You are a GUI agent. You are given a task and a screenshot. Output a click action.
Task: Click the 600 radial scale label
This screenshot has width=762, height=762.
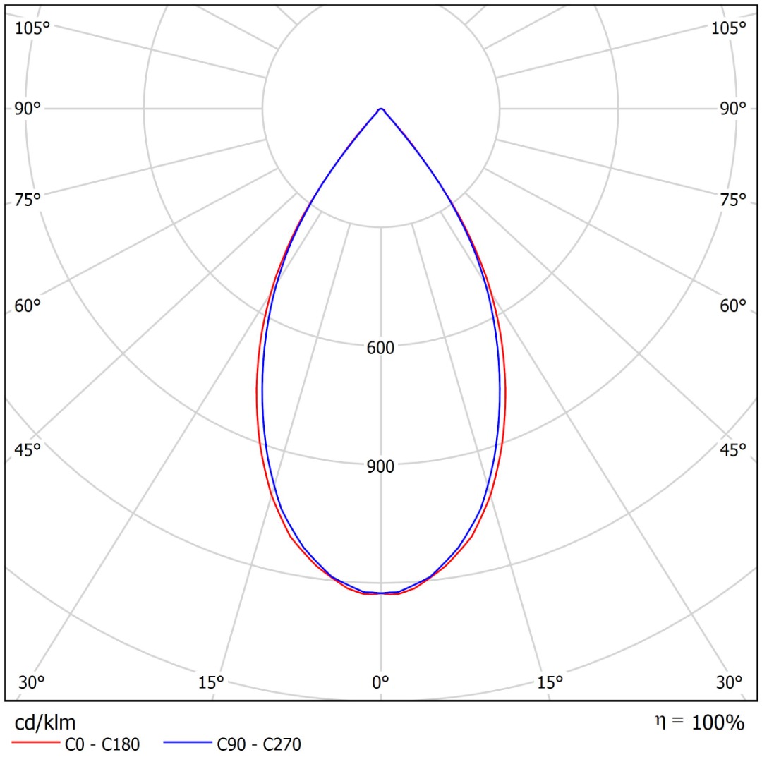point(380,348)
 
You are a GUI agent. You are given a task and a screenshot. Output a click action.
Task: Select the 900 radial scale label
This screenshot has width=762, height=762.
point(380,466)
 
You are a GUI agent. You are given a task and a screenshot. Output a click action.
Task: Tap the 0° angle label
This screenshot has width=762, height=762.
point(381,682)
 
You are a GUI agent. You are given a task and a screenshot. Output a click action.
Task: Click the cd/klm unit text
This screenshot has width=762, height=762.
point(45,722)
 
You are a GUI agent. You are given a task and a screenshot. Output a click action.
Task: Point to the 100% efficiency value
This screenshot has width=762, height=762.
point(718,723)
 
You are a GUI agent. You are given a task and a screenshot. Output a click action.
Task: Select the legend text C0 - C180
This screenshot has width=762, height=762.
point(102,744)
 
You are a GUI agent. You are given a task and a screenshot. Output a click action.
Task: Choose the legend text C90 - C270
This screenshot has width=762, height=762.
point(259,744)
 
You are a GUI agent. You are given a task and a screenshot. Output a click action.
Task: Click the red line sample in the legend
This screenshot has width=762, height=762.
point(35,744)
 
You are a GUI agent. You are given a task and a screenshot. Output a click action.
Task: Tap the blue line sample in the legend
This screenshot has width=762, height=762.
point(187,744)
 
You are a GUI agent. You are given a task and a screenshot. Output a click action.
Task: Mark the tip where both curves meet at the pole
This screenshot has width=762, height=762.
point(381,109)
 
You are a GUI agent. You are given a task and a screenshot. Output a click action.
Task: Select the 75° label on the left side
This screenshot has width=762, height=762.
point(28,200)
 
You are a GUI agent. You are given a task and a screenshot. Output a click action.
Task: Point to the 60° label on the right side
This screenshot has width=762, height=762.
point(733,306)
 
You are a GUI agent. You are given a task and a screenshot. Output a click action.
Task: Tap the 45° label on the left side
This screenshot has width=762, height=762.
point(28,450)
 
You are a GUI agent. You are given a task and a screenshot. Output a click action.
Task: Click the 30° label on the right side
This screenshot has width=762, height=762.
point(730,682)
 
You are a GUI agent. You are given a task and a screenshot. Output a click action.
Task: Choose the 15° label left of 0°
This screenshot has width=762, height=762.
point(211,682)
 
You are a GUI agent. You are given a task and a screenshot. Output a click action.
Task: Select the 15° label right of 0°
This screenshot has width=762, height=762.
point(550,682)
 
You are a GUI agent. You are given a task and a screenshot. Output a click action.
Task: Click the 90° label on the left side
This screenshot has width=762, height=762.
point(28,109)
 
